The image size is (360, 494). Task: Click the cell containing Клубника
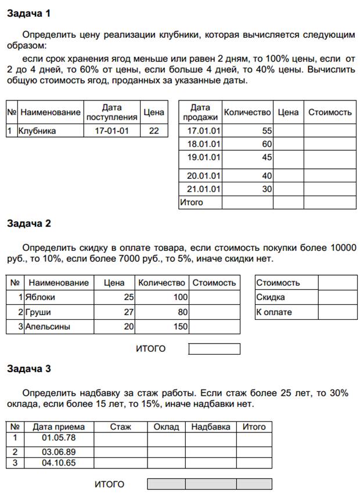point(38,131)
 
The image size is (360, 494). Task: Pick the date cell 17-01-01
point(111,131)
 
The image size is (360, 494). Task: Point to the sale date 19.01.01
point(200,157)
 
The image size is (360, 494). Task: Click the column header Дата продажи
point(200,112)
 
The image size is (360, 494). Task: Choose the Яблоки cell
point(40,297)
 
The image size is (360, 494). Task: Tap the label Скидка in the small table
point(271,297)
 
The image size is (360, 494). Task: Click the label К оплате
point(274,312)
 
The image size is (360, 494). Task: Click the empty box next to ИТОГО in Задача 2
point(214,349)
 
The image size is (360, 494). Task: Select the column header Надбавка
point(210,427)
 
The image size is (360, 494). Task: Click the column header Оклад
point(166,427)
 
